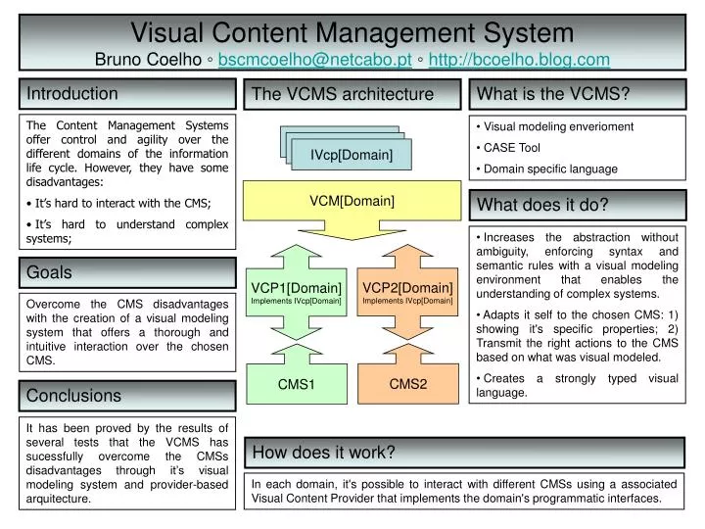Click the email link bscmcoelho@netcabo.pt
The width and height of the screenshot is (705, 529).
[314, 60]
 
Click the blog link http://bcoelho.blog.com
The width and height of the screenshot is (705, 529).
[519, 60]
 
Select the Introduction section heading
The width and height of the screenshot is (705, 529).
[72, 94]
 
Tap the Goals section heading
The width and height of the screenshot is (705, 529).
[49, 271]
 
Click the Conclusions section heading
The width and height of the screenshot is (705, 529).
[74, 396]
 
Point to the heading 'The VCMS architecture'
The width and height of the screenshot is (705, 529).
[342, 94]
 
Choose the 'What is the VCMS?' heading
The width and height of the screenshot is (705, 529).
[551, 94]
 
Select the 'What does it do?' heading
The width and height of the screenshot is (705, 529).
[543, 205]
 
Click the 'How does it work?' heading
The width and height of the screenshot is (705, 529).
[324, 452]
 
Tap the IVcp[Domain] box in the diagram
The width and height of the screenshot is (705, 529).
[352, 155]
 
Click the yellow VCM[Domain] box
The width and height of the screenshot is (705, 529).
[352, 201]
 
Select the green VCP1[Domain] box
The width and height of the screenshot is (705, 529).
[296, 291]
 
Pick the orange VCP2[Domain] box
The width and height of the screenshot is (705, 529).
[407, 291]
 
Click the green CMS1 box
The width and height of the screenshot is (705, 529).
[296, 384]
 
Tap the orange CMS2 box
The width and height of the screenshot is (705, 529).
[408, 384]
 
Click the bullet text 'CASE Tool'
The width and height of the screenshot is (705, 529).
[512, 148]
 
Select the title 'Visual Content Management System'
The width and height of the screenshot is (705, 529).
[352, 33]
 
